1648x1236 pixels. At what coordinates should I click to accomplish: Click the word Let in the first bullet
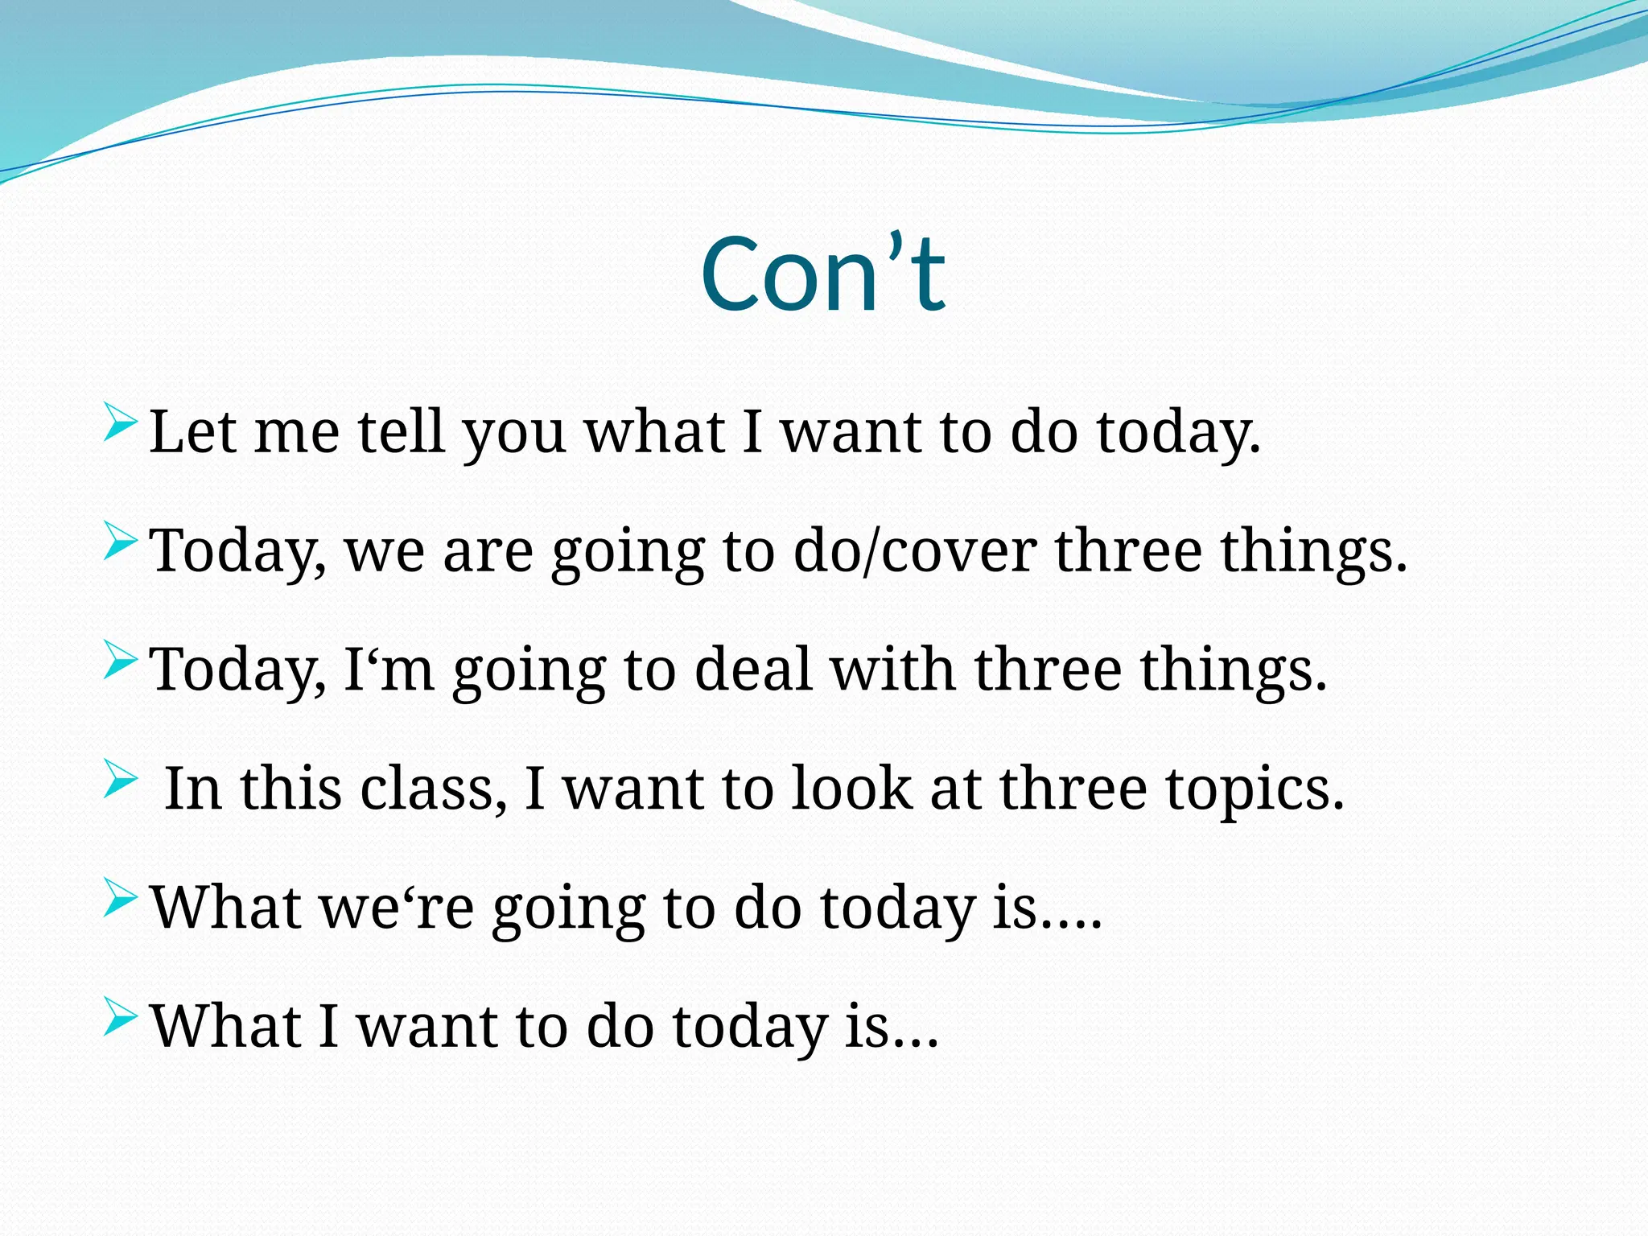(x=192, y=432)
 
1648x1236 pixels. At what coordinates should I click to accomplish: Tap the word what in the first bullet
(x=653, y=432)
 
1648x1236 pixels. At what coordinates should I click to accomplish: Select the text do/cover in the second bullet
(x=914, y=551)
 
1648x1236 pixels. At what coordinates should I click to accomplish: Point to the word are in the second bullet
(x=488, y=553)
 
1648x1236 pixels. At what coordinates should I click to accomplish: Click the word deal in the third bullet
(x=752, y=669)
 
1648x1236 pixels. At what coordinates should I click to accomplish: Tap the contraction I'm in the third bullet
(x=389, y=669)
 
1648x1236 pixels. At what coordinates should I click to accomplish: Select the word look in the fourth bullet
(x=851, y=789)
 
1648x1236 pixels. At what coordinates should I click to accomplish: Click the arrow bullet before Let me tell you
(x=121, y=424)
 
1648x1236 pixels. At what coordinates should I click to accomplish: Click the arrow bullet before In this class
(x=121, y=780)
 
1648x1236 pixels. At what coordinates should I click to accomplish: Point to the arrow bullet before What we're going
(x=121, y=899)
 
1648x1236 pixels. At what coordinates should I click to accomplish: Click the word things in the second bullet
(x=1312, y=553)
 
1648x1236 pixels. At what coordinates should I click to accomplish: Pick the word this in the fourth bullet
(x=290, y=789)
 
